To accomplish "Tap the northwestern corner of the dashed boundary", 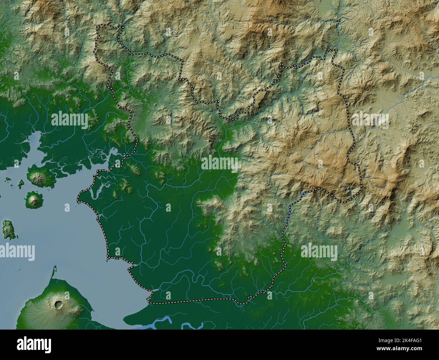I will pos(98,26).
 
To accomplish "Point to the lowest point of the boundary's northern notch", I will pos(230,119).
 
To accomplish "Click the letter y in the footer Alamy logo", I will pos(48,345).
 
